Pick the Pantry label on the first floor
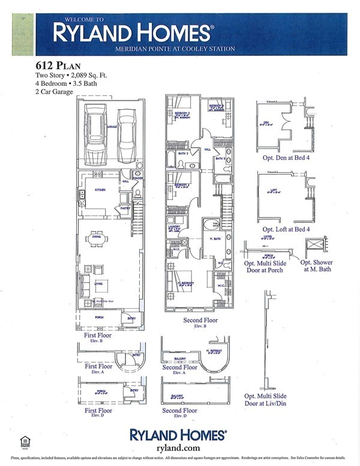coord(125,208)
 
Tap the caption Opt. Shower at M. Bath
coord(316,266)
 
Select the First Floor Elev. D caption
coord(98,413)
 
